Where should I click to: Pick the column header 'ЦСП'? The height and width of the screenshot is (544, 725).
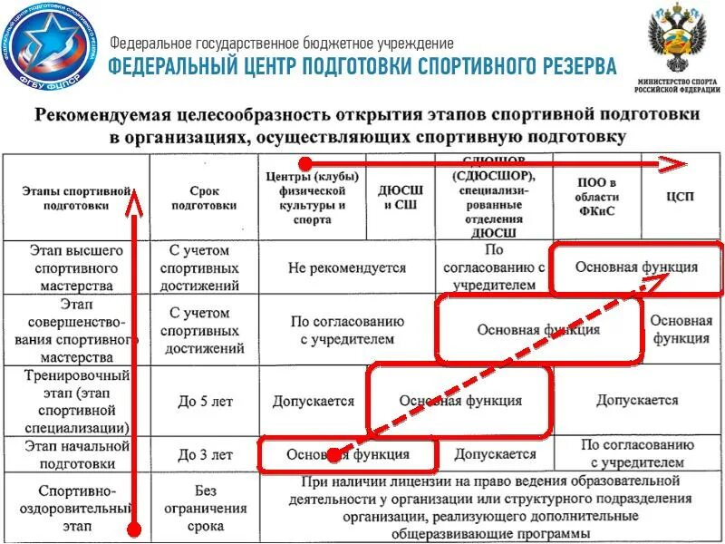(x=685, y=198)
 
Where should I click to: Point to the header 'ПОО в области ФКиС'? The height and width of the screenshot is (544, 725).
(x=595, y=198)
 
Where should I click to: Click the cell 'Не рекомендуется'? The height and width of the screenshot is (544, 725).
(x=347, y=268)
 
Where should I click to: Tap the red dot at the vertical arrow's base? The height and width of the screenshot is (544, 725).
(x=134, y=529)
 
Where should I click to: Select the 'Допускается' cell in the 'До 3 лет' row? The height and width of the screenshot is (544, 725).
(x=495, y=454)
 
